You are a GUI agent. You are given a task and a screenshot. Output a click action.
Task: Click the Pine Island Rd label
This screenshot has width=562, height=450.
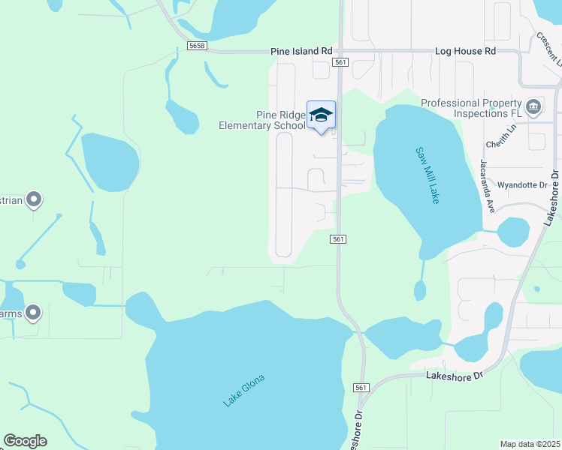301,52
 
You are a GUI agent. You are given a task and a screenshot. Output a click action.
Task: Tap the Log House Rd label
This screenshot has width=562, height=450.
466,52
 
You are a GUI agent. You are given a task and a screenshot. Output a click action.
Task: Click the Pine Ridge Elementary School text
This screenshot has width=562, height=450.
261,120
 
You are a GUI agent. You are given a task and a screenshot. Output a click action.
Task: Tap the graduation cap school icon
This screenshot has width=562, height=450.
321,115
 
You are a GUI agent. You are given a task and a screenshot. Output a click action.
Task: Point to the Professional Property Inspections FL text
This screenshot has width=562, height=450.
471,108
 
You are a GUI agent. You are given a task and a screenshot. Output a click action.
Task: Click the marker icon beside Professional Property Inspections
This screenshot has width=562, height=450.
533,106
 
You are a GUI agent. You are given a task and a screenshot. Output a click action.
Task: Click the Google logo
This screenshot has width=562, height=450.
25,441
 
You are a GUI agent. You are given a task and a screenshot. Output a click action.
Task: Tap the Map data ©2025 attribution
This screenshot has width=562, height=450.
530,444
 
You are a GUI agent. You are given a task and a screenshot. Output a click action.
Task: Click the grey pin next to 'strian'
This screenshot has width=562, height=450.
33,199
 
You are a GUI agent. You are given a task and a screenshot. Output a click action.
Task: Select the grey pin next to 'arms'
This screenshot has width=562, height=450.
33,312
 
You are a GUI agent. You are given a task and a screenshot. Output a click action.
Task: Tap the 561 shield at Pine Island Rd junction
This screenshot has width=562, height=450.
340,62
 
